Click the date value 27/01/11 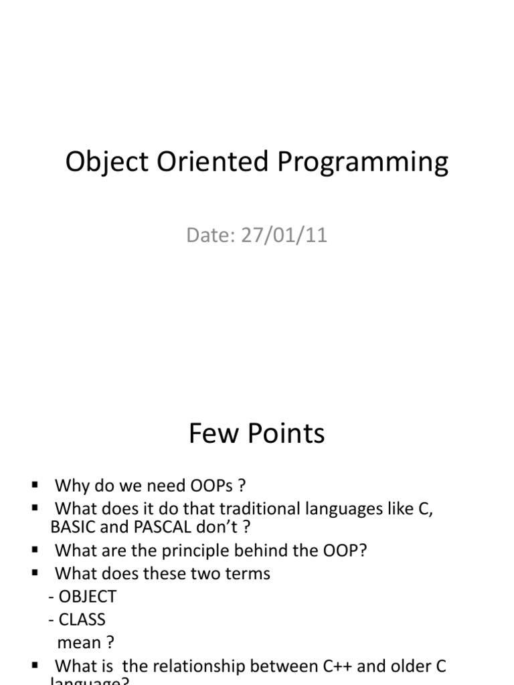pos(289,236)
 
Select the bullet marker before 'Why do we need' pos(35,484)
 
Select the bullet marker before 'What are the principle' pos(35,549)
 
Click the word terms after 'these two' pos(247,573)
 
